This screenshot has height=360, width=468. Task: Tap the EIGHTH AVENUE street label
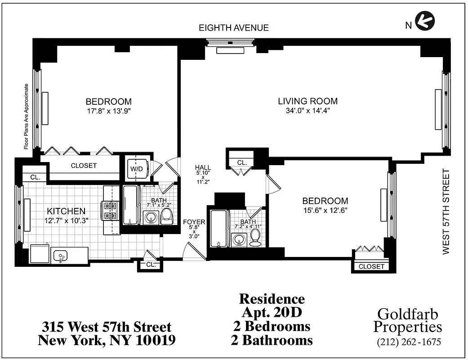(x=234, y=28)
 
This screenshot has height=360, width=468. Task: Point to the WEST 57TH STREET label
(x=446, y=211)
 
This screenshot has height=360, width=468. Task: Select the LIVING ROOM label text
(x=308, y=101)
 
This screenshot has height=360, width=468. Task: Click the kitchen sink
(x=59, y=256)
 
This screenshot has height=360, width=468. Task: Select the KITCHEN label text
(x=67, y=211)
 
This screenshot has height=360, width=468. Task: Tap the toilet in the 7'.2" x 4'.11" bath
(x=255, y=238)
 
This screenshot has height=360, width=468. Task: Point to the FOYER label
(x=194, y=222)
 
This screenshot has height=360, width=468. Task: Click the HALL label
(x=203, y=168)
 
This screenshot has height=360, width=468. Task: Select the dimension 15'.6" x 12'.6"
(x=325, y=210)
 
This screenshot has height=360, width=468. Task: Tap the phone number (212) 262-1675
(x=409, y=342)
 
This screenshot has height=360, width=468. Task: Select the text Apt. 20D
(x=272, y=312)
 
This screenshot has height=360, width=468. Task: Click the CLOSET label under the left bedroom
(x=84, y=166)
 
